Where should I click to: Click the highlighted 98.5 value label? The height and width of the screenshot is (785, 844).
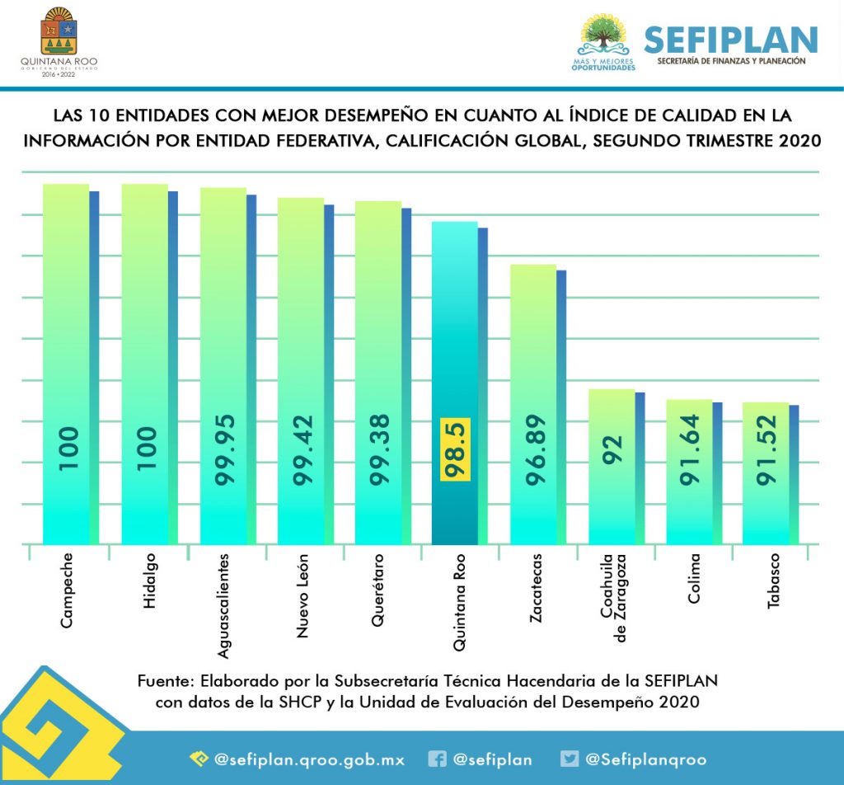click(x=455, y=453)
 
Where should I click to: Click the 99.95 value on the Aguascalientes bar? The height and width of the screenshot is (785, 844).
click(x=223, y=454)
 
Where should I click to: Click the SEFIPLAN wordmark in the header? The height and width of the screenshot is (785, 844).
click(x=730, y=39)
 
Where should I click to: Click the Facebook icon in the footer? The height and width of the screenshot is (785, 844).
click(x=438, y=759)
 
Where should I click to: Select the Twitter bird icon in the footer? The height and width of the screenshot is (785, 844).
click(x=569, y=759)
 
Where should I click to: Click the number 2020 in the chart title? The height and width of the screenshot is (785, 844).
click(x=799, y=140)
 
